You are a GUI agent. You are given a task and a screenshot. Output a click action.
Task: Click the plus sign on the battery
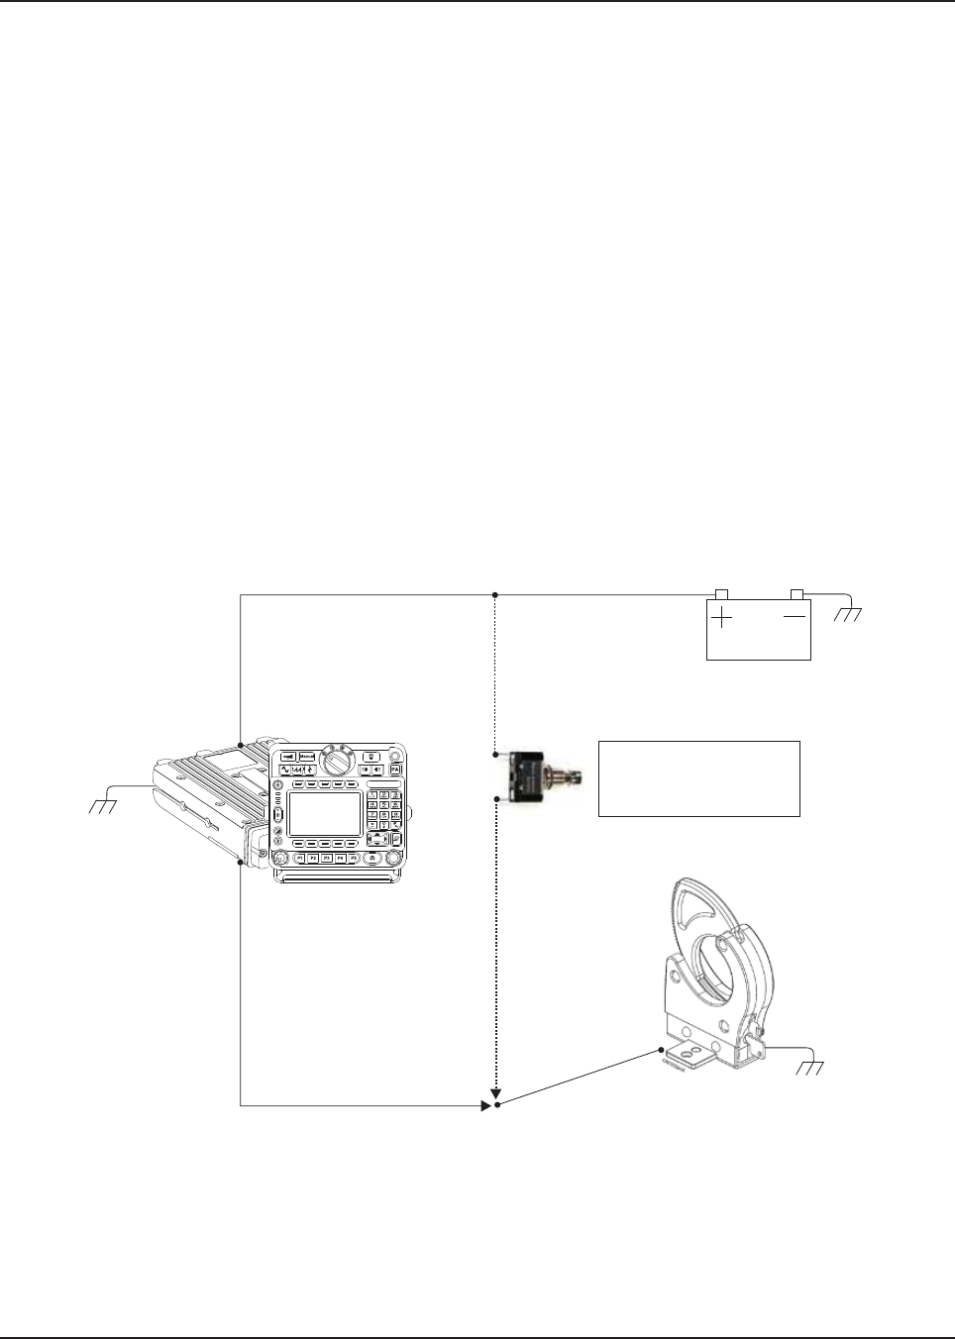coord(724,617)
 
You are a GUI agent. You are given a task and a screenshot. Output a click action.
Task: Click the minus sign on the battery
coord(795,616)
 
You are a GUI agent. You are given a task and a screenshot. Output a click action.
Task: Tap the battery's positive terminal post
coord(721,593)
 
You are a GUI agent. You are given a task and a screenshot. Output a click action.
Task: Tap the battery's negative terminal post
coord(796,593)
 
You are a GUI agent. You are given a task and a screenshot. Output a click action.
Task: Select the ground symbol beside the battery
coord(848,615)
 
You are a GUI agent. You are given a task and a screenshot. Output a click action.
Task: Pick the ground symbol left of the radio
coord(103,806)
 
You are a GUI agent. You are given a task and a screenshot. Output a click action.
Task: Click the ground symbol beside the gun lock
coord(810,1069)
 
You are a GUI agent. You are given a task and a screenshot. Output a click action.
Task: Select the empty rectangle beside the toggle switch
coord(698,778)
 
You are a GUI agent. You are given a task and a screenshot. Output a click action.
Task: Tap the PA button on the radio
coord(394,769)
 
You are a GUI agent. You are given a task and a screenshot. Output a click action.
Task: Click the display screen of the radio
coord(324,814)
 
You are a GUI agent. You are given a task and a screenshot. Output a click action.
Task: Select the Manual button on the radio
coord(307,756)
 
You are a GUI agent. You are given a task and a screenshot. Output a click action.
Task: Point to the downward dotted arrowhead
coord(496,1094)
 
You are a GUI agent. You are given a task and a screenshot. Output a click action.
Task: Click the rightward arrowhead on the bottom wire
coord(485,1104)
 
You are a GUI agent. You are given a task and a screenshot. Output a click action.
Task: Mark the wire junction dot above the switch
coord(495,595)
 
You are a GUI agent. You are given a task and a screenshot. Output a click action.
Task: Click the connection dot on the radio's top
coord(241,744)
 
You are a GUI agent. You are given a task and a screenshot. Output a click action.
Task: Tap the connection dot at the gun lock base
coord(659,1049)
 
